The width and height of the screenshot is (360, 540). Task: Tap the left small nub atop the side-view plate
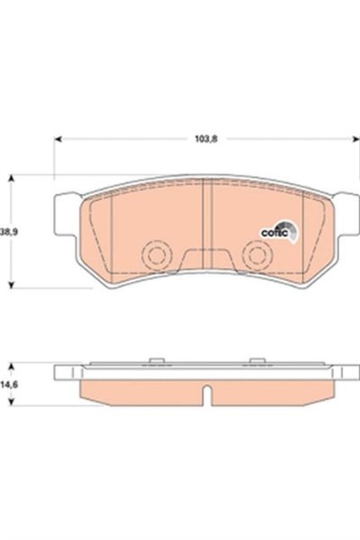[154, 361]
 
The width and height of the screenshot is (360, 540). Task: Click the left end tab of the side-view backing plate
[62, 371]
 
